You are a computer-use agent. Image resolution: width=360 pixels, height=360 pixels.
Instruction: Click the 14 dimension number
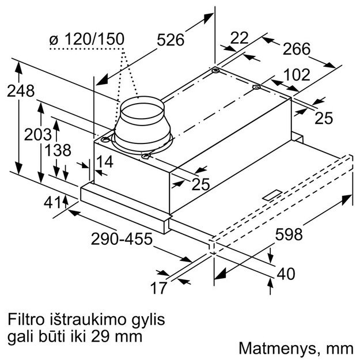coord(105,162)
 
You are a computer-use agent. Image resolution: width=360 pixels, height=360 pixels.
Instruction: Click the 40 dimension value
coord(286,272)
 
